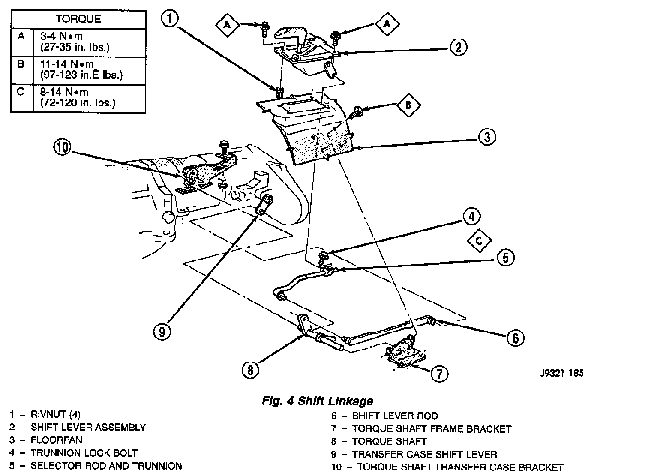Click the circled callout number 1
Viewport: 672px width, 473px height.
(x=170, y=19)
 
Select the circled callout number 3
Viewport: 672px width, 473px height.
(x=487, y=137)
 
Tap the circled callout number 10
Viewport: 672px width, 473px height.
(x=62, y=147)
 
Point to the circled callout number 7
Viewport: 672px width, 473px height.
(x=439, y=373)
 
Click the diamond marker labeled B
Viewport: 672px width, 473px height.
(x=408, y=105)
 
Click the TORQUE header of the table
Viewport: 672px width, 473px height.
(x=78, y=19)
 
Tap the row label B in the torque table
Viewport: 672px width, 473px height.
(x=21, y=65)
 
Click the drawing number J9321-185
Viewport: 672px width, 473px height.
(x=562, y=373)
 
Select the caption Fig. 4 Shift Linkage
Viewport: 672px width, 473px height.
(x=317, y=401)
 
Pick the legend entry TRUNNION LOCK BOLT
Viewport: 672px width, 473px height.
(x=84, y=453)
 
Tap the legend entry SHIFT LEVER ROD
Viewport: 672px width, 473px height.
(x=395, y=416)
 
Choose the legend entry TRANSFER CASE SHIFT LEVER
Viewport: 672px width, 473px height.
(x=424, y=454)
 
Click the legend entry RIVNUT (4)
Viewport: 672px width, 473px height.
(x=55, y=415)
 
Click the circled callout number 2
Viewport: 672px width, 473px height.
(x=458, y=47)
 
